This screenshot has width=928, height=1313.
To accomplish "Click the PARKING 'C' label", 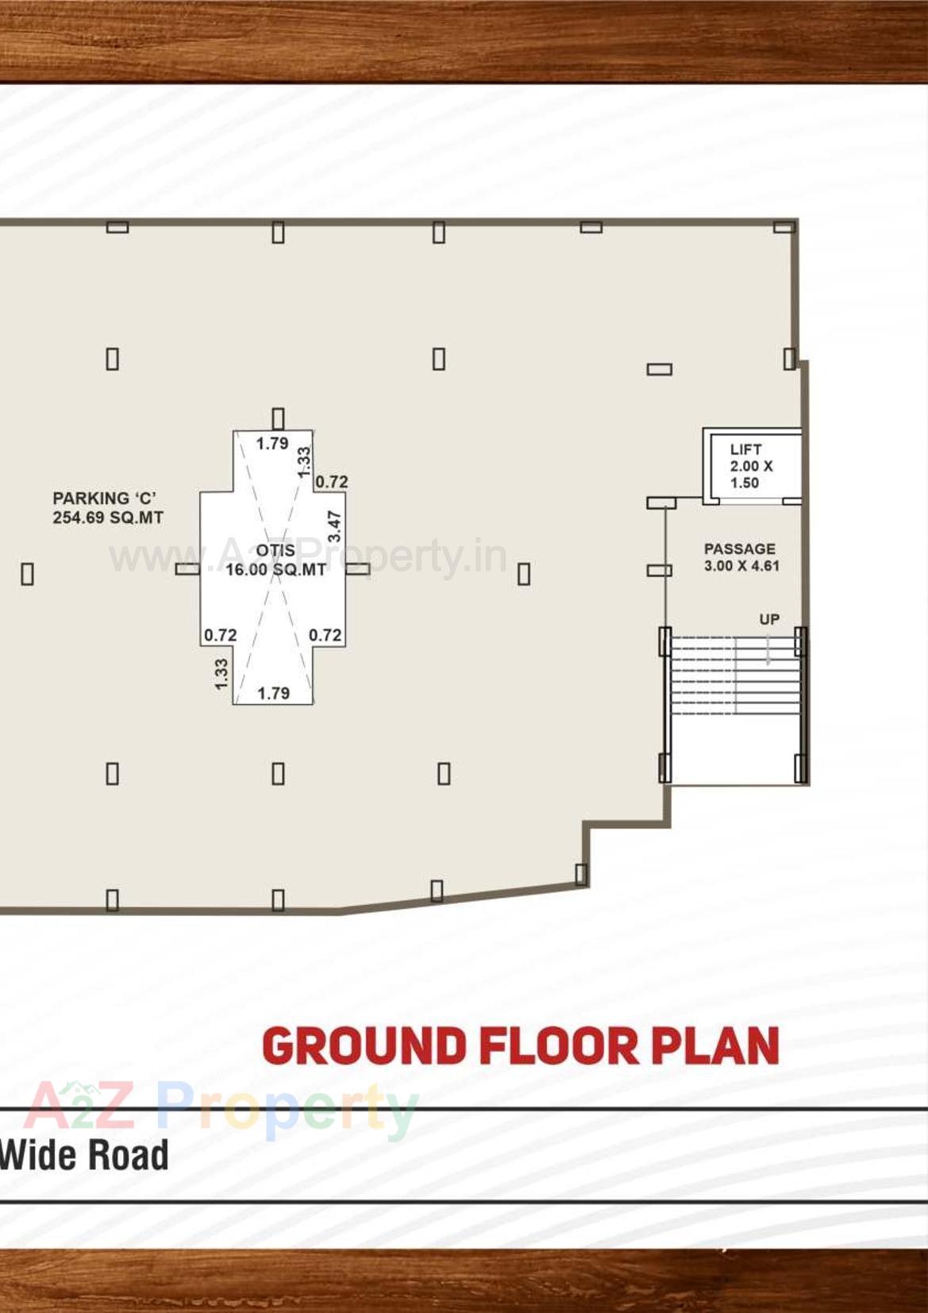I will pyautogui.click(x=104, y=499).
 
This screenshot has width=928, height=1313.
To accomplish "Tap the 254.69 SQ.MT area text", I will pyautogui.click(x=108, y=518).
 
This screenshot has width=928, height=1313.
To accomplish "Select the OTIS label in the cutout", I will pyautogui.click(x=275, y=550).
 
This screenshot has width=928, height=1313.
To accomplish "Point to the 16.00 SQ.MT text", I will pyautogui.click(x=275, y=569).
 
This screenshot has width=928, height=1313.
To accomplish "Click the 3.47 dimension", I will pyautogui.click(x=334, y=526).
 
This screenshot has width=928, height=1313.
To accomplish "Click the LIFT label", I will pyautogui.click(x=745, y=449).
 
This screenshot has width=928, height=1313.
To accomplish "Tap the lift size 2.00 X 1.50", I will pyautogui.click(x=751, y=475).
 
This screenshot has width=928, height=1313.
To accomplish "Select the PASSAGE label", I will pyautogui.click(x=739, y=549).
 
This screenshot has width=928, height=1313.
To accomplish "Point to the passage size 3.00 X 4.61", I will pyautogui.click(x=741, y=566).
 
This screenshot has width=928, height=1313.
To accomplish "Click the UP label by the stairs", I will pyautogui.click(x=768, y=619).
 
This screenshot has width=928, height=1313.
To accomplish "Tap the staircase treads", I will pyautogui.click(x=734, y=675).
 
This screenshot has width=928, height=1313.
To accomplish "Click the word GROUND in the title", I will pyautogui.click(x=364, y=1045).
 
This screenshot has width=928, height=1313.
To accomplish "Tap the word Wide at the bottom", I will pyautogui.click(x=38, y=1155).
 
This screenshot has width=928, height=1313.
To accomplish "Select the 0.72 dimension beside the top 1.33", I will pyautogui.click(x=332, y=482).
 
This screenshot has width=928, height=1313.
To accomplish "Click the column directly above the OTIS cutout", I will pyautogui.click(x=278, y=418).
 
